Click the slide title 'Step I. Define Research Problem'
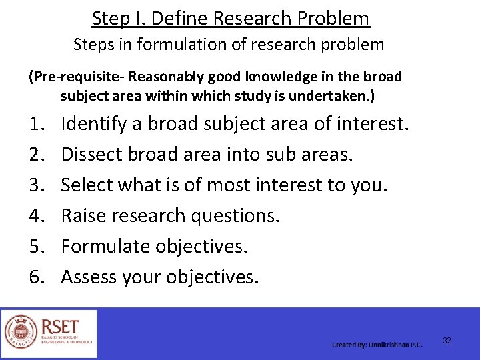point(231,18)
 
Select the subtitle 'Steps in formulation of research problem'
point(229,45)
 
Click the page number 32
point(447,341)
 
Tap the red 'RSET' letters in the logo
point(60,327)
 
